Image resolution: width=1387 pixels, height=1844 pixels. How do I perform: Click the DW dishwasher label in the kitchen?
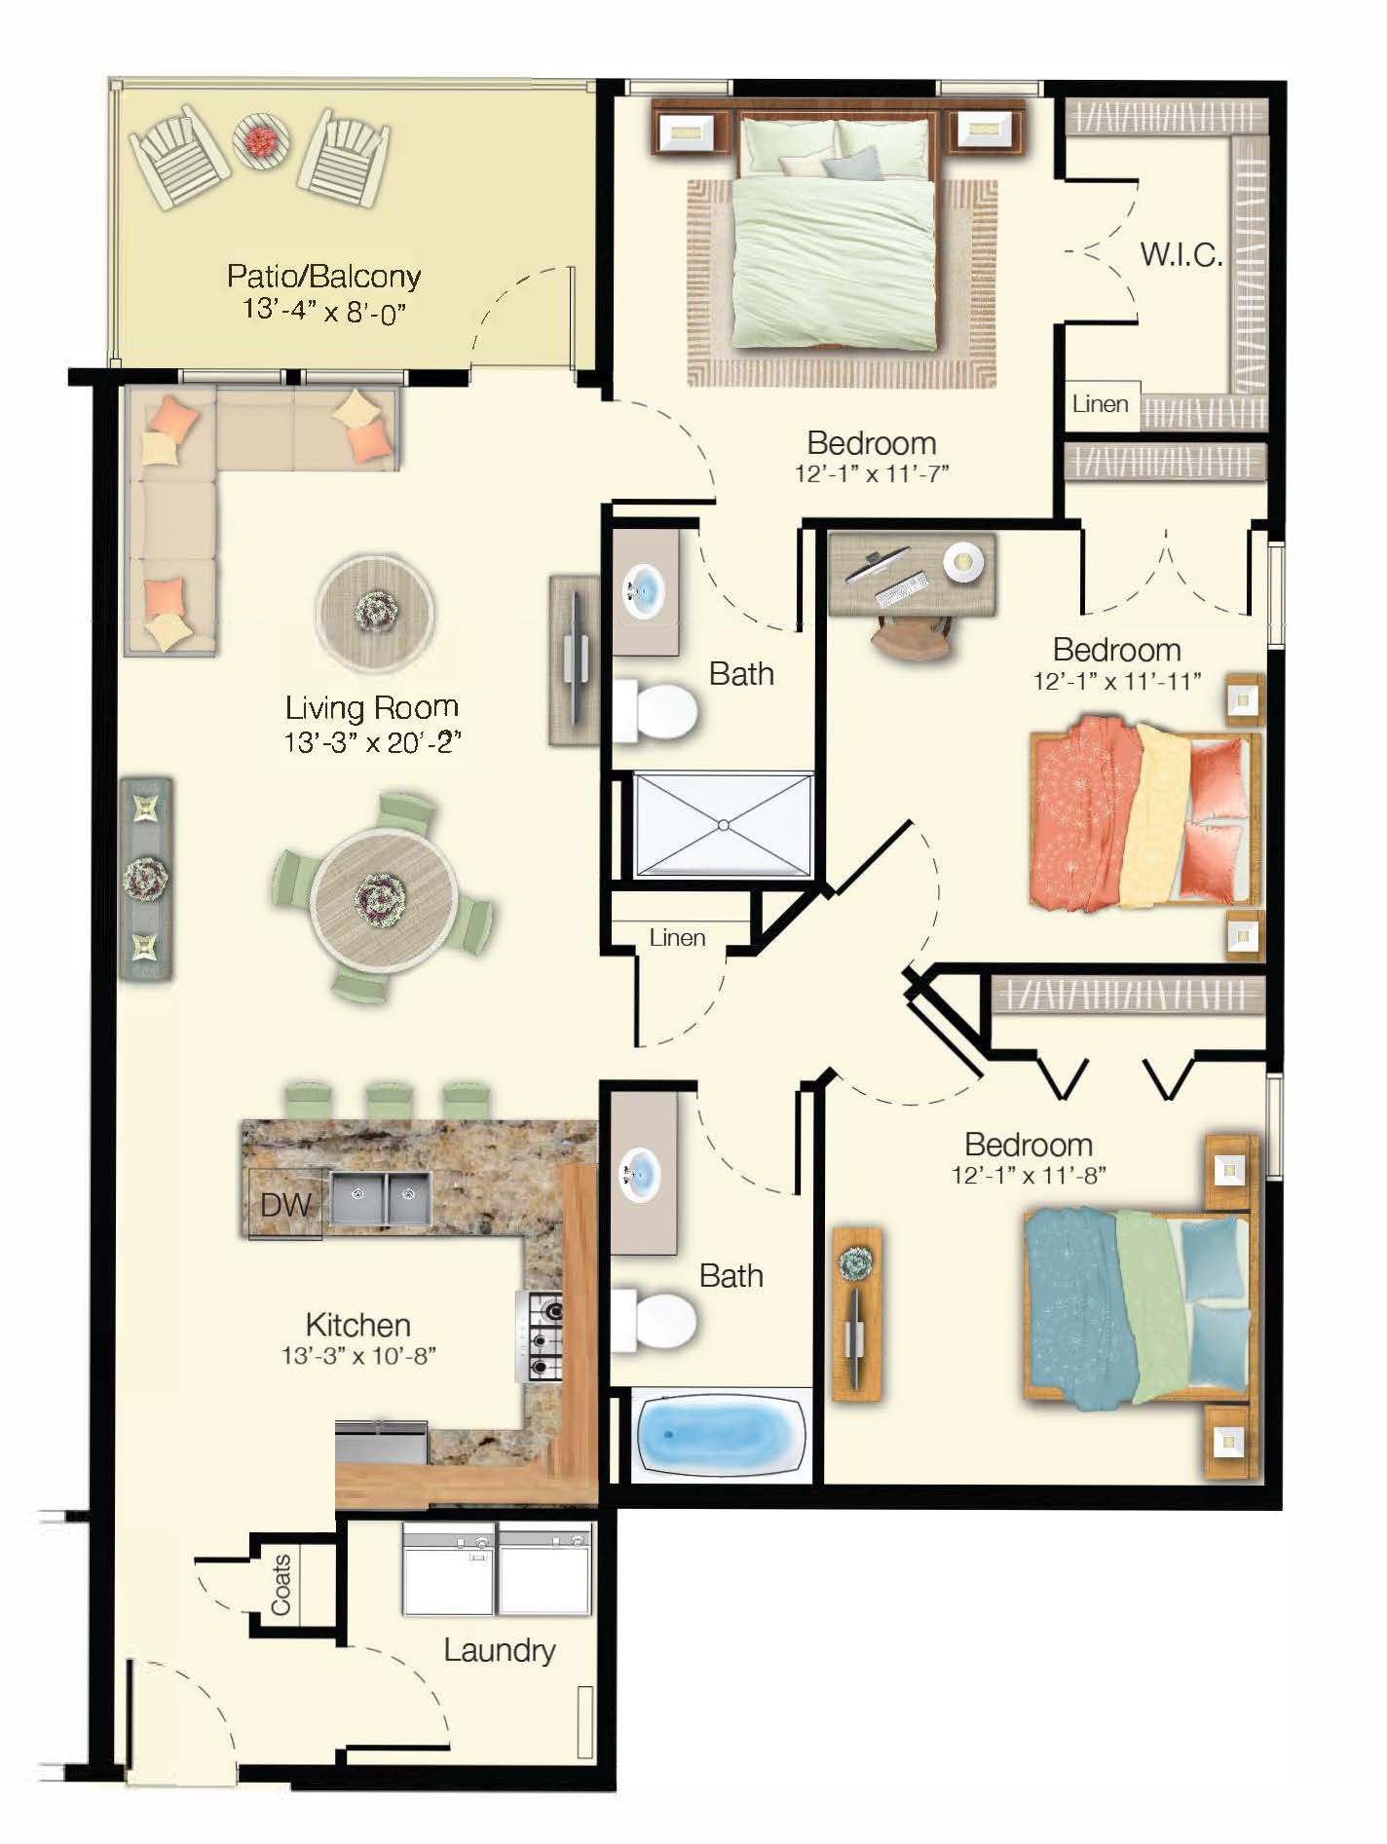point(284,1205)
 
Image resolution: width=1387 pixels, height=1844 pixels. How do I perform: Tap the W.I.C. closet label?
point(1181,255)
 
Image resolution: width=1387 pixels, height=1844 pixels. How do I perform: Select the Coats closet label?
point(281,1585)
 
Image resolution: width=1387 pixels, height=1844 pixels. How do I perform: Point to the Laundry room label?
point(499,1650)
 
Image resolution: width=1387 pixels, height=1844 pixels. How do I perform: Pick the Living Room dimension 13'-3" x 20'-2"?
point(371,743)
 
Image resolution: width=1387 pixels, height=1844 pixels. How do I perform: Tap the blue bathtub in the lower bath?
point(720,1435)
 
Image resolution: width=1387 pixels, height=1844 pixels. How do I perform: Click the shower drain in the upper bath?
point(723,825)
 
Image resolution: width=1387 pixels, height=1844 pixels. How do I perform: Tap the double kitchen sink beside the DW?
point(381,1198)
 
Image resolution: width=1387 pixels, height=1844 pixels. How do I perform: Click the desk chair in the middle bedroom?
point(912,639)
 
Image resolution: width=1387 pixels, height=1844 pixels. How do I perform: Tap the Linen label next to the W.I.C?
point(1101,403)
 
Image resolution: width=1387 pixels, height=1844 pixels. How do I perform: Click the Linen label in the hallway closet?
point(677,938)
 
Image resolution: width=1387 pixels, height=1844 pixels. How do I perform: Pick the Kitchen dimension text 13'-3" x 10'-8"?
point(357,1356)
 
